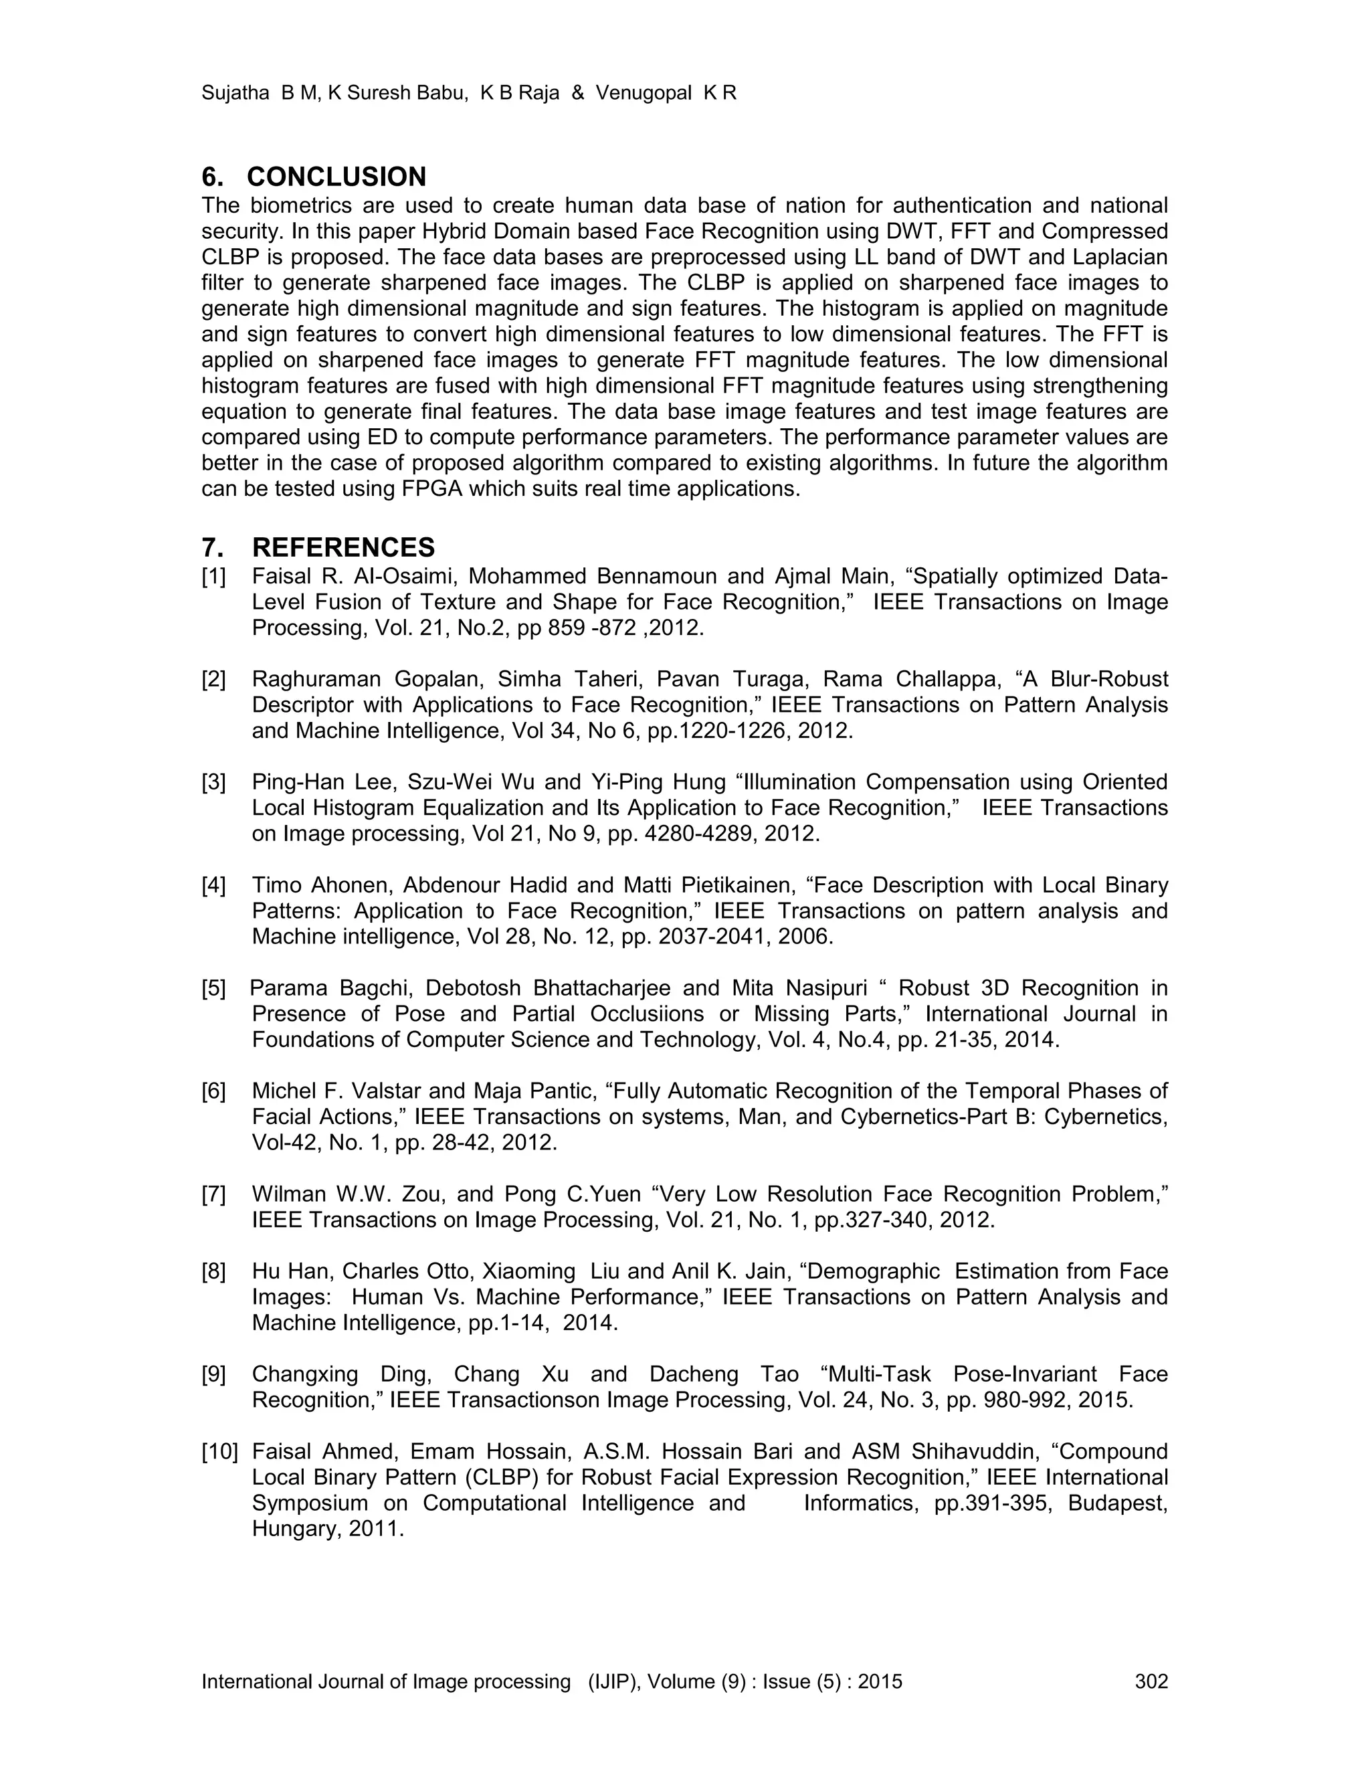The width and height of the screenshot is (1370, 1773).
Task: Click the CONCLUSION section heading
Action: [x=336, y=177]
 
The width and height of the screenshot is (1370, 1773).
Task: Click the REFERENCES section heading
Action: [x=343, y=547]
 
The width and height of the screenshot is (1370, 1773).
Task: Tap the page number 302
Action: [x=1151, y=1681]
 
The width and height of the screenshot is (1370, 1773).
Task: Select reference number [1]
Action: [x=213, y=576]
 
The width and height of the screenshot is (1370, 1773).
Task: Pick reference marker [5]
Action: [x=213, y=988]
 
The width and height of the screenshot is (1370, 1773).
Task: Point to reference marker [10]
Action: [x=220, y=1452]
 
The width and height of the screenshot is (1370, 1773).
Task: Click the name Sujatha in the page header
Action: [x=235, y=94]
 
